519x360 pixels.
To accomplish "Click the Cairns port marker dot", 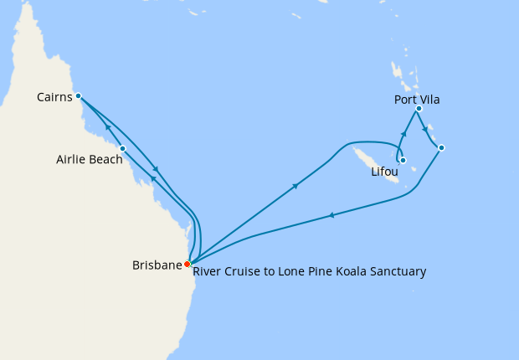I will pos(78,95).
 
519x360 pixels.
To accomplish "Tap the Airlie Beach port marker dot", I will pos(123,149).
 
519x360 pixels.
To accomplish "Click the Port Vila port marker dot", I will pos(419,109).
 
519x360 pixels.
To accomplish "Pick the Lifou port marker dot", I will pos(403,160).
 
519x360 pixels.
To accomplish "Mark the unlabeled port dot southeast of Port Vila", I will pos(441,147).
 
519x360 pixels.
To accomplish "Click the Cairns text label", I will pos(54,98).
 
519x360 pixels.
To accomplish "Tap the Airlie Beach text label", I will pos(86,159).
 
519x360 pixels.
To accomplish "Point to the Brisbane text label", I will pos(157,265).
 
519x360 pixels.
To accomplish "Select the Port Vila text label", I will pos(417,100).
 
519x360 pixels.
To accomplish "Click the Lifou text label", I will pos(385,172).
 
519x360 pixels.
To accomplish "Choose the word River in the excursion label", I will pos(208,271).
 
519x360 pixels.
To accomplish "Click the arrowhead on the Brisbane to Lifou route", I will pos(295,187).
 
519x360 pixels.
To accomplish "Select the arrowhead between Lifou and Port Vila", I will pos(404,134).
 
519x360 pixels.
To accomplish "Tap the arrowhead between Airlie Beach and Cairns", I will pos(107,127).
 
